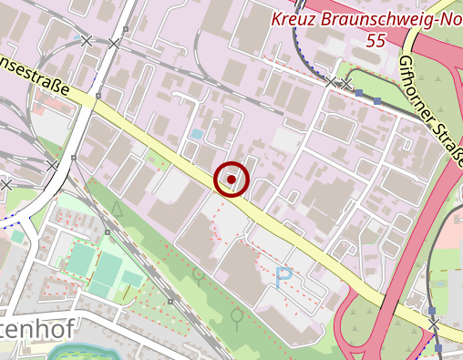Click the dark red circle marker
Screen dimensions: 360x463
tap(231, 180)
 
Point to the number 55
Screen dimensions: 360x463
tap(374, 41)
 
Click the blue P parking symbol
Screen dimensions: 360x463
tap(283, 275)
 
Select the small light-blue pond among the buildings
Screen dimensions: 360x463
tap(197, 134)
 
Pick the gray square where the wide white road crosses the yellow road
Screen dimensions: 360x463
tap(96, 94)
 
